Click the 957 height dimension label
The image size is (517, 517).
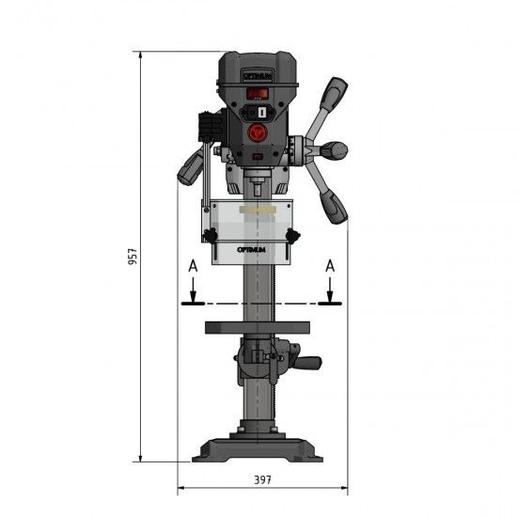133,256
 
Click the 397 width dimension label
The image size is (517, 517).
262,479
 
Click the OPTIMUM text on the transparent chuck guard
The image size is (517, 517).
252,249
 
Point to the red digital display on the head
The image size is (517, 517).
257,93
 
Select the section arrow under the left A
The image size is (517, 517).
192,294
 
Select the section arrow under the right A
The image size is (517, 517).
329,294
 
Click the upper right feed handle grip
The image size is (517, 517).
335,94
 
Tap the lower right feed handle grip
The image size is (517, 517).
336,205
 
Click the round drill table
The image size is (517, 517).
257,328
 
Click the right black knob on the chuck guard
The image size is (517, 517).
295,235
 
